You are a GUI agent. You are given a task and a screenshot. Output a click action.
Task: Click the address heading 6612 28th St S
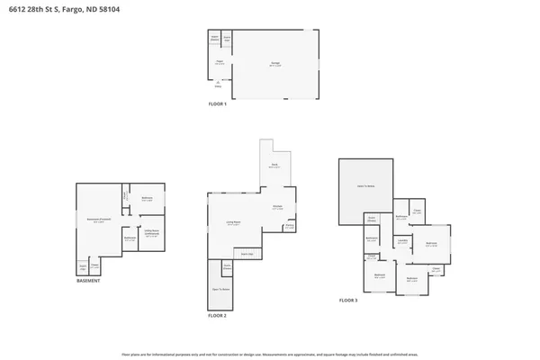click(x=56, y=9)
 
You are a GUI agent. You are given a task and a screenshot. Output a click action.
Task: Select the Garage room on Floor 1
click(x=275, y=64)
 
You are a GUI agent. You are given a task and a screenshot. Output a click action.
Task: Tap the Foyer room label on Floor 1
click(x=219, y=62)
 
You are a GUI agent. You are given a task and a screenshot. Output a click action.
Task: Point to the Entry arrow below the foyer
click(x=217, y=85)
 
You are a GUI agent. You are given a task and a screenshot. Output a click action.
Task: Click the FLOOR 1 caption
click(x=218, y=104)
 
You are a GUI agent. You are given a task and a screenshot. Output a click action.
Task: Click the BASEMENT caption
click(x=88, y=280)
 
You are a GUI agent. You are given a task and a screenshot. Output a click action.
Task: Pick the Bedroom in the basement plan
click(x=147, y=199)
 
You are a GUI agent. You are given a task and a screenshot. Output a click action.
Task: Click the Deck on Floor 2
click(x=274, y=166)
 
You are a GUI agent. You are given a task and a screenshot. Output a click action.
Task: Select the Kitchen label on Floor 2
click(x=278, y=208)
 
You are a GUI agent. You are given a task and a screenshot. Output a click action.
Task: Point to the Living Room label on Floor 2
click(x=232, y=224)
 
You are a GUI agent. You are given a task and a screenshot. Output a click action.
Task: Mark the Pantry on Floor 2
click(x=289, y=227)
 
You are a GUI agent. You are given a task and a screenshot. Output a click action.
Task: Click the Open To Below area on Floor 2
click(x=220, y=289)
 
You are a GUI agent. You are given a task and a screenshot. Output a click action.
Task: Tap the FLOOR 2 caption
click(x=218, y=316)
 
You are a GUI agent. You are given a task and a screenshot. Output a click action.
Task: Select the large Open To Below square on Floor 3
click(x=364, y=192)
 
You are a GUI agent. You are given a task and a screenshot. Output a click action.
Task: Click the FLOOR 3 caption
click(x=348, y=300)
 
